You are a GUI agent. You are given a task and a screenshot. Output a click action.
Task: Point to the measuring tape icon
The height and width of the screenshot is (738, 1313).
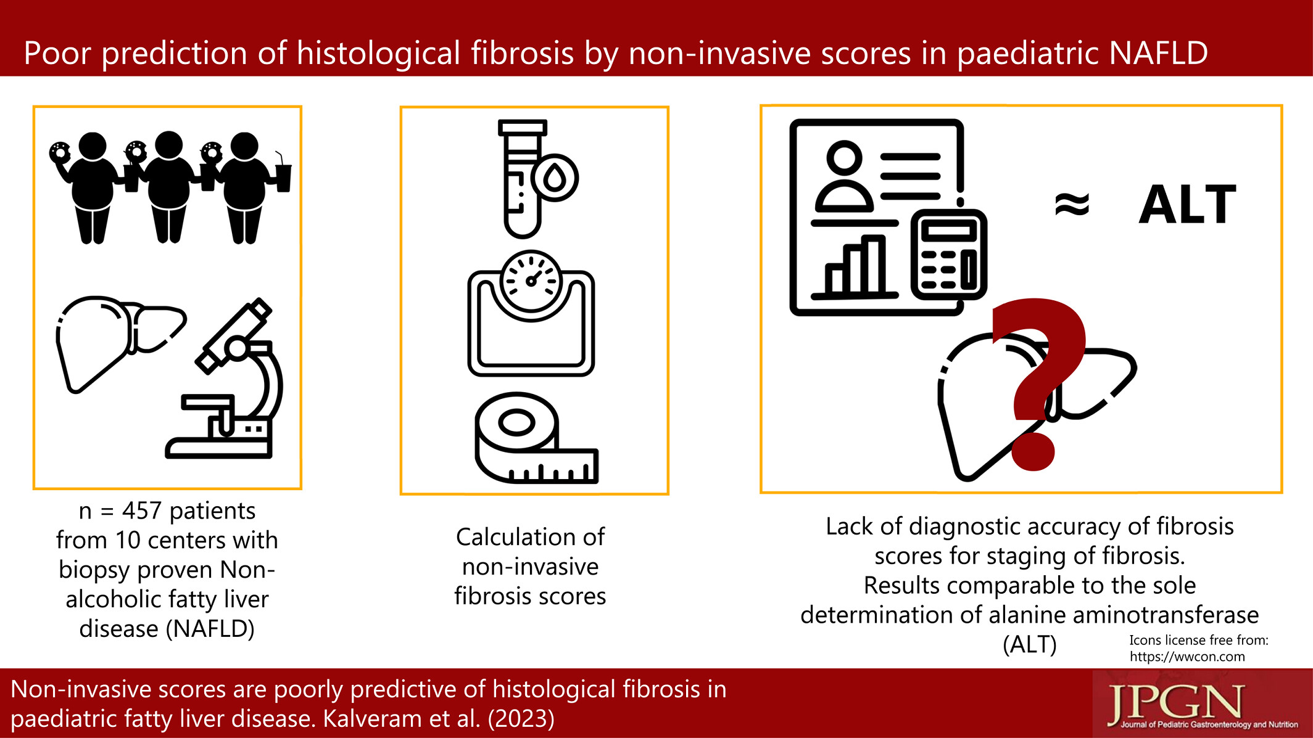coord(536,438)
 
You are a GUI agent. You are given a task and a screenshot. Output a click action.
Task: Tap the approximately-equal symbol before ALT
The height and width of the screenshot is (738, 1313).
coord(1072,204)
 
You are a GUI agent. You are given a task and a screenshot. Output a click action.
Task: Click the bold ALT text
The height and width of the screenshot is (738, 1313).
coord(1188,204)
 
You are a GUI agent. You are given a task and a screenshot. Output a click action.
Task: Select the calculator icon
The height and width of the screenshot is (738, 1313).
coord(949,254)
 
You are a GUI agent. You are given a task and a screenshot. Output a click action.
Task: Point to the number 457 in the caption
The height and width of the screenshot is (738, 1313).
coord(142,510)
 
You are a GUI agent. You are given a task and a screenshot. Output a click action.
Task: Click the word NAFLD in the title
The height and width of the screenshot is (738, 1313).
coord(1158,53)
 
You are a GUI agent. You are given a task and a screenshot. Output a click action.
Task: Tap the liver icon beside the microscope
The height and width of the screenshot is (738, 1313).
coord(121,343)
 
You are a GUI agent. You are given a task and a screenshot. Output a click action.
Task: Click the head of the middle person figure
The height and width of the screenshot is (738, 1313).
coord(168,145)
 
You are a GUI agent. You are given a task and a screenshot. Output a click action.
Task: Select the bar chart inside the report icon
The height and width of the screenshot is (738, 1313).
coord(855,266)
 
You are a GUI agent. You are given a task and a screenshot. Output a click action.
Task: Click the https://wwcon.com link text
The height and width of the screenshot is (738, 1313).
coord(1187,657)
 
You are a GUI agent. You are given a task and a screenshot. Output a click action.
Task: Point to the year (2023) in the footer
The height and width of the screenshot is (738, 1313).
coord(521,718)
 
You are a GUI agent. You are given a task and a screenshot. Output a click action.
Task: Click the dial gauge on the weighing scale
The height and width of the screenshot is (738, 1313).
coord(531,281)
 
